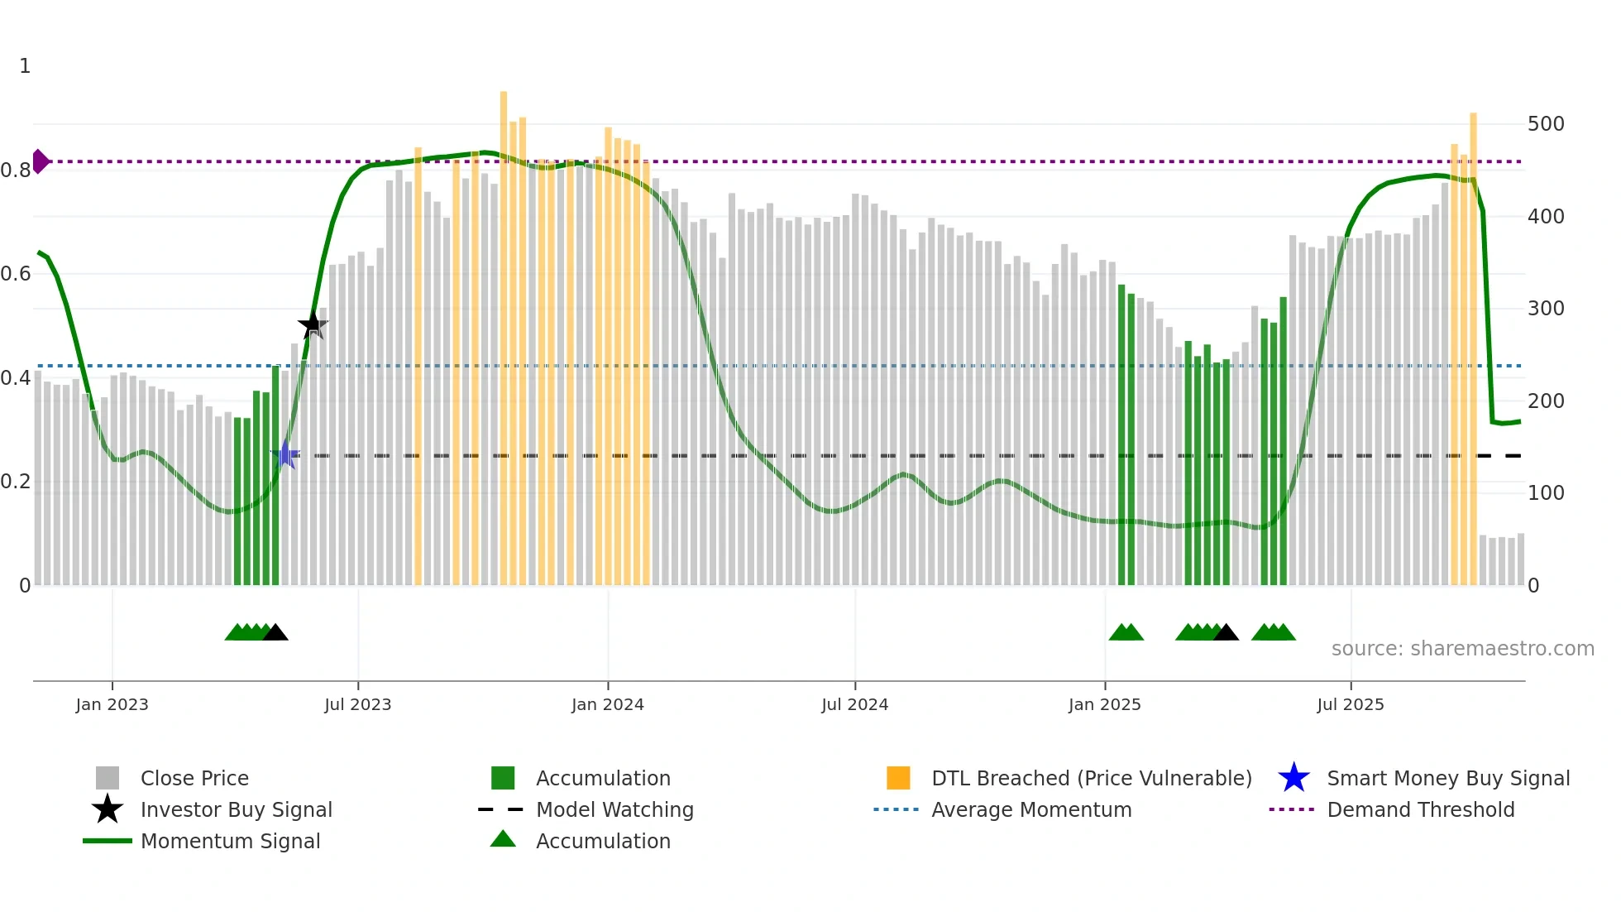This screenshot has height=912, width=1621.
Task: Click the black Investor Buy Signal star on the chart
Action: [x=312, y=325]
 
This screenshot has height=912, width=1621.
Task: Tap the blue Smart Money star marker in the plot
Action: [x=285, y=454]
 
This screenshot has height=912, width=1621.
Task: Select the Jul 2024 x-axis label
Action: [x=854, y=704]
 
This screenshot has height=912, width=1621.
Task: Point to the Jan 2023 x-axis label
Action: [x=112, y=704]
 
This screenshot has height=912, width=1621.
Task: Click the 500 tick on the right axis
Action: [x=1546, y=124]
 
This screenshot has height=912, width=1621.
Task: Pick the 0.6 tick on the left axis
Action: [x=16, y=274]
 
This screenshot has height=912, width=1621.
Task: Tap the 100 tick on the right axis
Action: [x=1546, y=493]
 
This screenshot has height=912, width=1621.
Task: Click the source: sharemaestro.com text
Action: [x=1462, y=649]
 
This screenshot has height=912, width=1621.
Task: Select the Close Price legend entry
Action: [x=194, y=778]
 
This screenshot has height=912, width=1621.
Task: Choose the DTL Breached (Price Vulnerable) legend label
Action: [x=1091, y=778]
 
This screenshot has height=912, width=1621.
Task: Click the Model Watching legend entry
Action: [x=614, y=809]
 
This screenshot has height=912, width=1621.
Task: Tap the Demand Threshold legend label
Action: [x=1420, y=809]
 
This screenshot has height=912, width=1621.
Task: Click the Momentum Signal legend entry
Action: [x=230, y=841]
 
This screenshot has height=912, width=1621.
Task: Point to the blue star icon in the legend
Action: [x=1293, y=778]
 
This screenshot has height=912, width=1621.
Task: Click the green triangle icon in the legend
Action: [x=503, y=839]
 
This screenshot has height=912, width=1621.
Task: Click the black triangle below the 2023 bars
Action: [x=275, y=633]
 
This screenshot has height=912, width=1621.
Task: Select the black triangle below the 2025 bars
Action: [x=1226, y=633]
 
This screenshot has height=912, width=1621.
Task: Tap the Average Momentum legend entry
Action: [x=1030, y=809]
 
